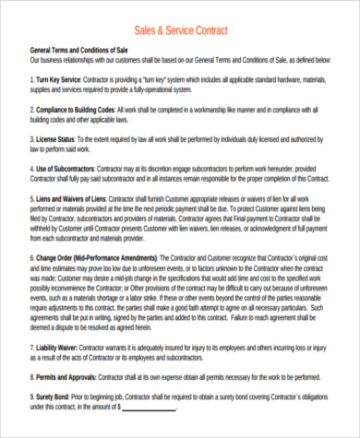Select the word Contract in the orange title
pos(219,29)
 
